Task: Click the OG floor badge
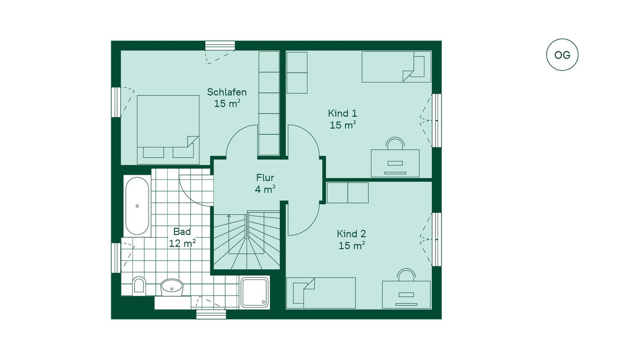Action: (562, 55)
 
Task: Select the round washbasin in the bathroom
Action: (172, 287)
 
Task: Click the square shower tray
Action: (255, 292)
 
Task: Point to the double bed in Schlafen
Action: (168, 130)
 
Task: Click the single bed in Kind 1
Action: (396, 67)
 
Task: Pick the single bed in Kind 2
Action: (321, 293)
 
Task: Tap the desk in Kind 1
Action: (395, 164)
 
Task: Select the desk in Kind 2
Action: (406, 295)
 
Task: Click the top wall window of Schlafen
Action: (220, 45)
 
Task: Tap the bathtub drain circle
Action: (137, 206)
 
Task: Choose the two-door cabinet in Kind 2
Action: (348, 193)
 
